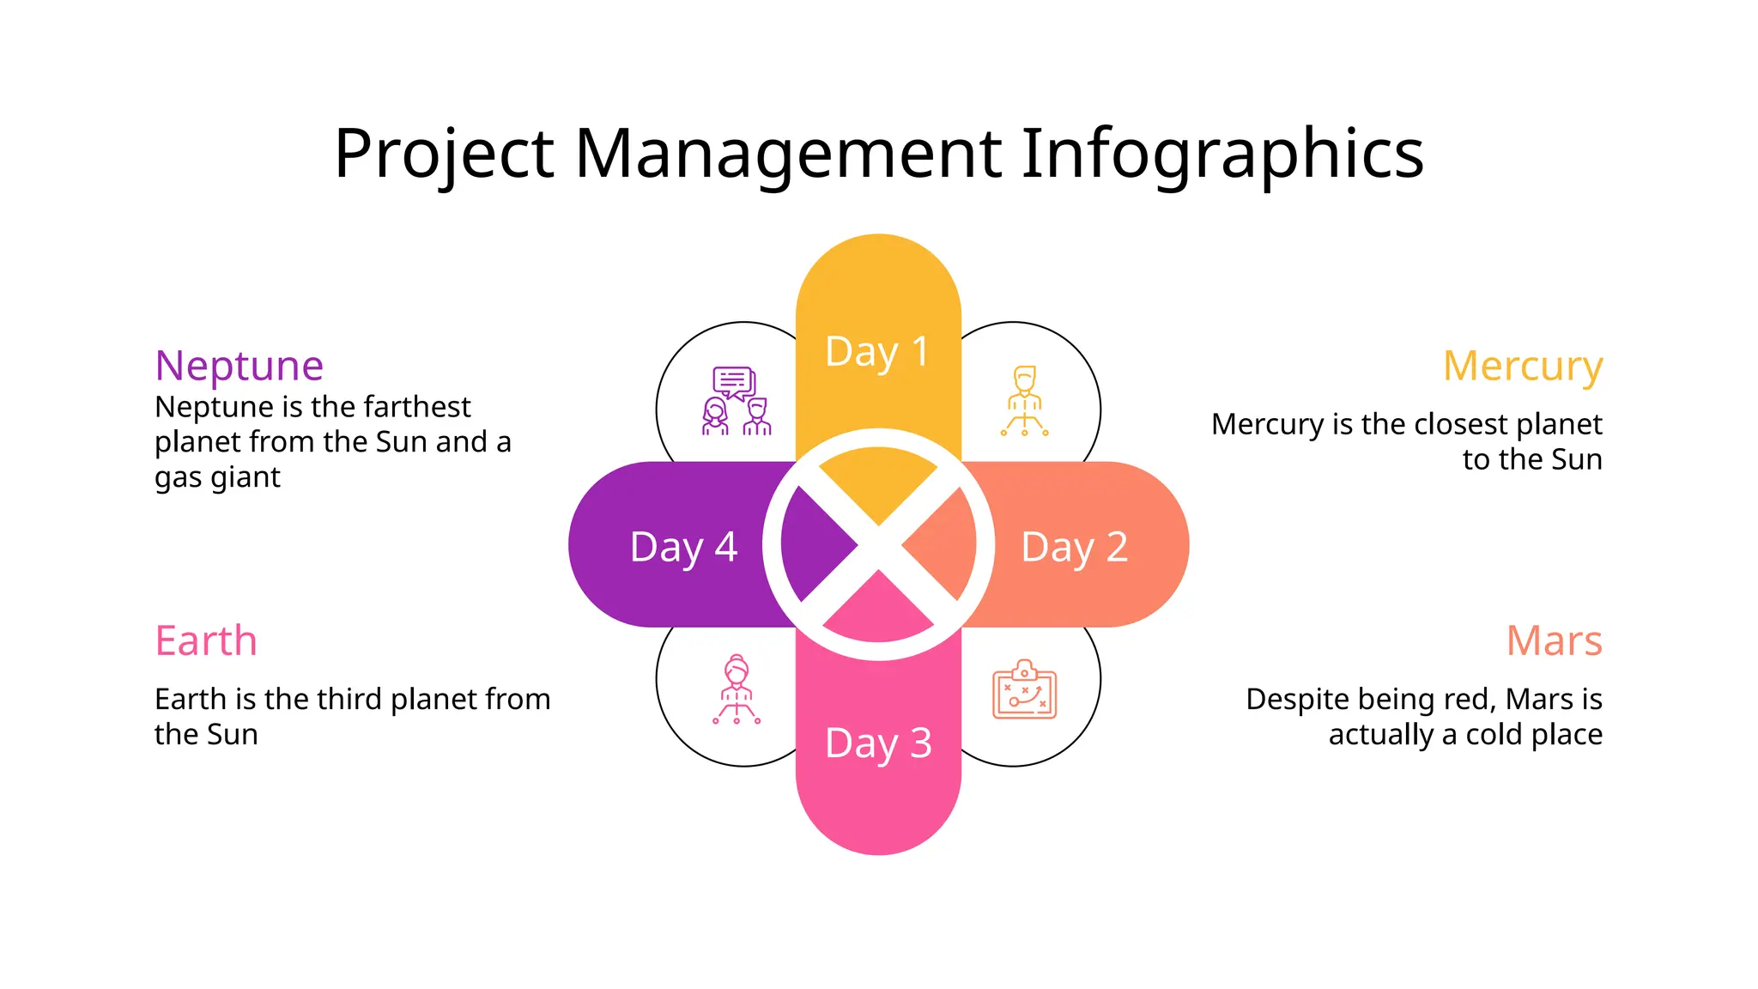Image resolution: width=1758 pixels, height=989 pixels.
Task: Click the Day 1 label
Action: click(876, 352)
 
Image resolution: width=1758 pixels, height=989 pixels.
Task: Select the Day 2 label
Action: click(1074, 547)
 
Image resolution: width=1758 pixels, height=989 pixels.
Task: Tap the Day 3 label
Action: click(877, 743)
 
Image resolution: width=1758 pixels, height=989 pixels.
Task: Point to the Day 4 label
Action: click(683, 547)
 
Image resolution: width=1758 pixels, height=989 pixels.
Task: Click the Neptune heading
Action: click(239, 366)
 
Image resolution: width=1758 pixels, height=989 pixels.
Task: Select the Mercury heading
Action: click(1522, 366)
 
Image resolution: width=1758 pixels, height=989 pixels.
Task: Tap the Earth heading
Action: click(206, 640)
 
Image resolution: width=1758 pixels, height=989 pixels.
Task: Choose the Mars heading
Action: click(1554, 640)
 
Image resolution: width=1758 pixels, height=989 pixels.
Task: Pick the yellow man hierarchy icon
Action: click(1024, 401)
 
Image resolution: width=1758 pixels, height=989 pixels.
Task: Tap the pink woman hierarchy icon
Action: click(737, 689)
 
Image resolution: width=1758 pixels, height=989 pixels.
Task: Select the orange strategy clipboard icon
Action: click(1024, 689)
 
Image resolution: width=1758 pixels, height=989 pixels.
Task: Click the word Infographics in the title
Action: click(1222, 155)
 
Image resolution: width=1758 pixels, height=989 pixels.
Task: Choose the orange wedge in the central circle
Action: click(944, 543)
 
